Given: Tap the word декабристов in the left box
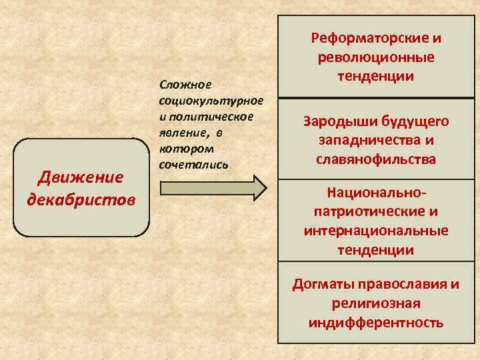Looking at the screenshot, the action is point(81,199).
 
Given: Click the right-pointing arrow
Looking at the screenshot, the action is point(213,187).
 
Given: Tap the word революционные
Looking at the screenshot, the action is point(377,57).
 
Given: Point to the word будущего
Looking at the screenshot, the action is point(416,121).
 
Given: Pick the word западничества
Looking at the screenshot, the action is point(369,141).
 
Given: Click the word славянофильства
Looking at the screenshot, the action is point(377,160).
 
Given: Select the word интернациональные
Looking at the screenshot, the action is point(377,231).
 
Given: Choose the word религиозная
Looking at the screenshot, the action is point(377,304).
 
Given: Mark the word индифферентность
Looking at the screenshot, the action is point(377,323).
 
